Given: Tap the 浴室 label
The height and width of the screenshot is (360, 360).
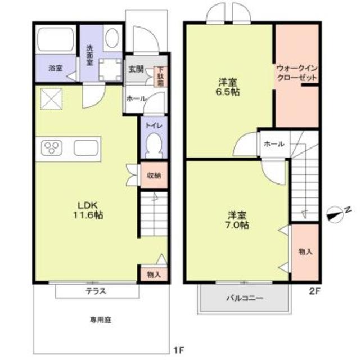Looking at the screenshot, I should (55, 69).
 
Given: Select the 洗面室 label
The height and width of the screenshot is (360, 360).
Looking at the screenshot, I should (90, 55).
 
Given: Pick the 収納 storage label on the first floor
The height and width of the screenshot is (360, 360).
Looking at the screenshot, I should (154, 175).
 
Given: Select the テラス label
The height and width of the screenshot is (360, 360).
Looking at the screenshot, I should (96, 291).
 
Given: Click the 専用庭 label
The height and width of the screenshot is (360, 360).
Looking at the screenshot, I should (101, 319).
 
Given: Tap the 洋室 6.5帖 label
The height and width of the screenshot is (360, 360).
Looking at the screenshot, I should (229, 88).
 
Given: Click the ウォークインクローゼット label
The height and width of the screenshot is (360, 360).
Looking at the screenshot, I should (296, 73).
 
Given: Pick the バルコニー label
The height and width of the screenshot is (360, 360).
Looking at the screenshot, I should (245, 298).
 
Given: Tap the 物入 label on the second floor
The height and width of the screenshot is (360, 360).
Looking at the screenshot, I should (305, 251).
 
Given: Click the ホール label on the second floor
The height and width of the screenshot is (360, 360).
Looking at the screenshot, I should (274, 144).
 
